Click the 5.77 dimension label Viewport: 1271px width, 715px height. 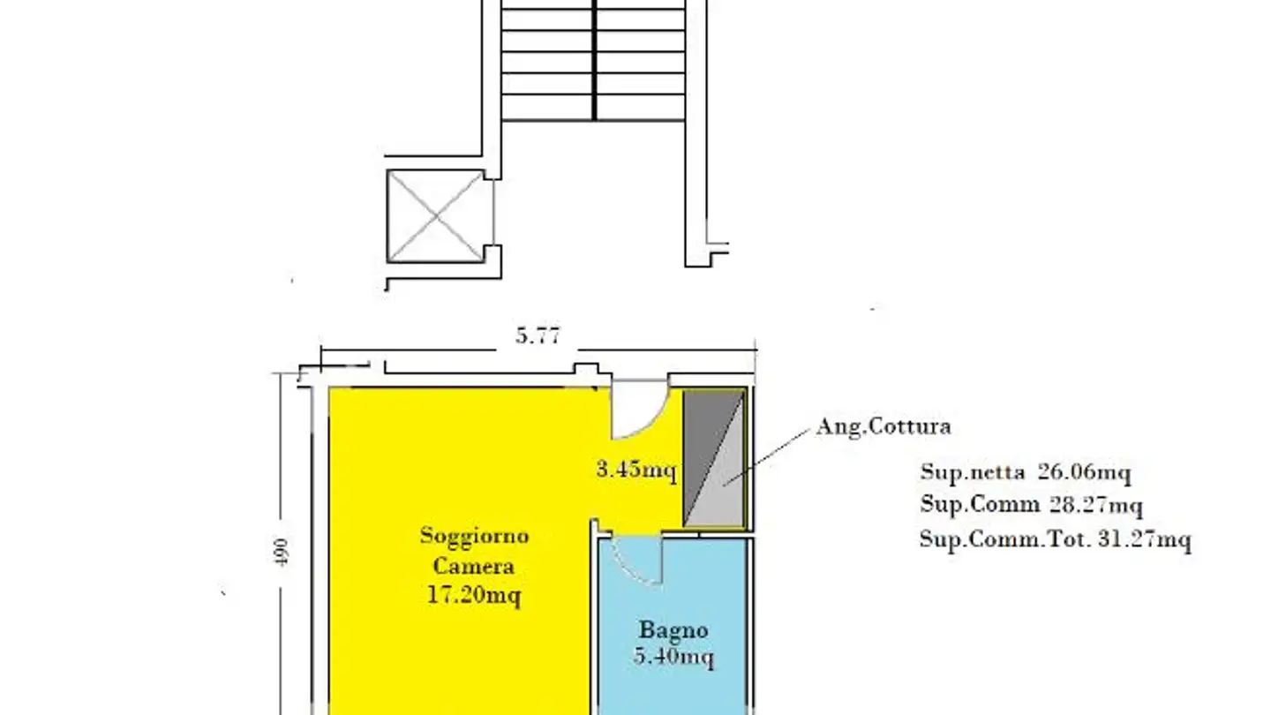(x=538, y=337)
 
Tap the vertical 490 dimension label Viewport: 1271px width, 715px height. (x=283, y=552)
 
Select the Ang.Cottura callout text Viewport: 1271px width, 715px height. (x=883, y=427)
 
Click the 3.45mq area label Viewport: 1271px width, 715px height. (x=635, y=470)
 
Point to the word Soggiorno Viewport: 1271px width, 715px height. (x=474, y=536)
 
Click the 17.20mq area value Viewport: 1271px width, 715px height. (x=474, y=596)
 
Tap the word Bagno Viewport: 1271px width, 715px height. (x=673, y=630)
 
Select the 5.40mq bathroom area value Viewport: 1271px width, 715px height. (x=673, y=658)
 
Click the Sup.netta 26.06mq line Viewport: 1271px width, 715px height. (x=1025, y=472)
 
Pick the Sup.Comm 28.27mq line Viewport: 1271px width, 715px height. (x=1031, y=506)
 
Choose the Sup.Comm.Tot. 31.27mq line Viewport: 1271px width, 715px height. (x=1055, y=539)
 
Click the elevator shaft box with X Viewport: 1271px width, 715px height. (x=436, y=215)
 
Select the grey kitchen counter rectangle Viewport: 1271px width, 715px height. (x=715, y=459)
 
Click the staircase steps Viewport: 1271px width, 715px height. (x=547, y=62)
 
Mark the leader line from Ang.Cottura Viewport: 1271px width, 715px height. (x=777, y=455)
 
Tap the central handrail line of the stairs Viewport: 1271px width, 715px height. (x=594, y=62)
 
